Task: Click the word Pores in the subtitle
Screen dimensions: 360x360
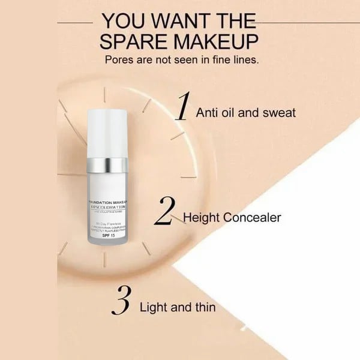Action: (x=119, y=61)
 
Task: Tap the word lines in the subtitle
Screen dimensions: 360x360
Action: (x=242, y=61)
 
